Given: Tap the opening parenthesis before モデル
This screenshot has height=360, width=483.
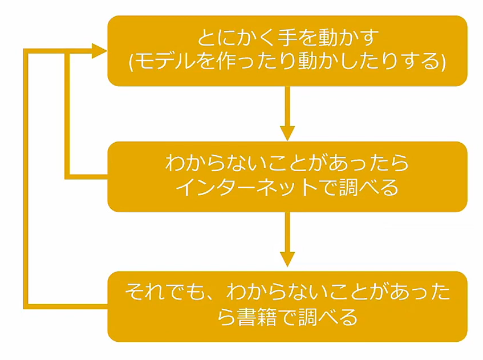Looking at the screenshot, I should [x=132, y=61].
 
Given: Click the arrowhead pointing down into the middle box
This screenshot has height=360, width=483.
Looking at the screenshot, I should [x=288, y=132].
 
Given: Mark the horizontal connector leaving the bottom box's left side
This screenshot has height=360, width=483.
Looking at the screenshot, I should [x=66, y=306].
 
